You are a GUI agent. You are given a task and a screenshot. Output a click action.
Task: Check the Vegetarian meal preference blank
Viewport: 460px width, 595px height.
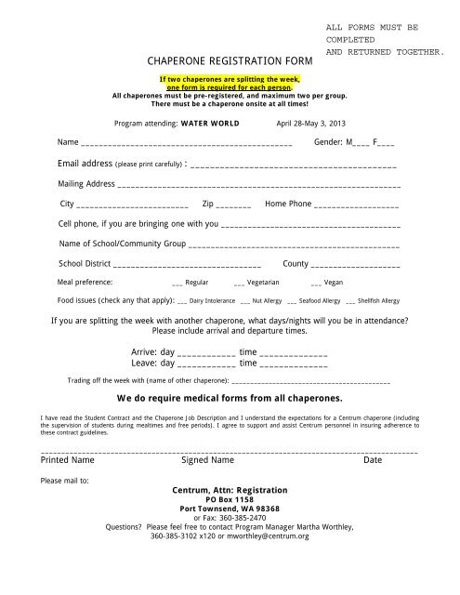click(x=239, y=283)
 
